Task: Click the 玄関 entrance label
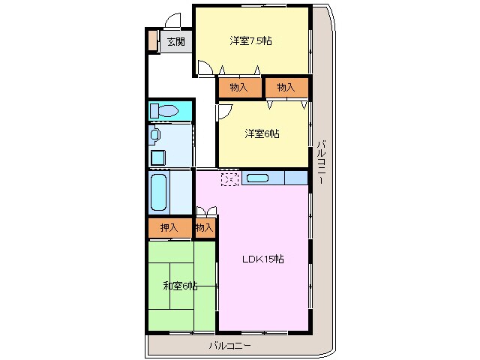[x=176, y=41]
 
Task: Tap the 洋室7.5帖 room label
[x=250, y=40]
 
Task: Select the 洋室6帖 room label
[x=262, y=133]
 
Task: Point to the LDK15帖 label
[x=263, y=259]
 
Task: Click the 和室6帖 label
[x=180, y=286]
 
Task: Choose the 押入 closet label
[x=169, y=227]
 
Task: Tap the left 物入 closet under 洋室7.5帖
[x=238, y=88]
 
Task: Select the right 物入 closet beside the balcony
[x=286, y=88]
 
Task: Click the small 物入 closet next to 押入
[x=204, y=227]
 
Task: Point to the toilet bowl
[x=168, y=110]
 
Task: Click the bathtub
[x=159, y=192]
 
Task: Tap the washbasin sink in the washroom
[x=155, y=134]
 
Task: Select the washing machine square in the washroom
[x=158, y=158]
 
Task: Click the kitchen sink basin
[x=257, y=178]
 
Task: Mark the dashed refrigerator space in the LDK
[x=230, y=179]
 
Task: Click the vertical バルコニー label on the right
[x=321, y=162]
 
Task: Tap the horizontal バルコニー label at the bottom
[x=230, y=346]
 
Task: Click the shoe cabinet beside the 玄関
[x=152, y=40]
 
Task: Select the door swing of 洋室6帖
[x=225, y=112]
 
